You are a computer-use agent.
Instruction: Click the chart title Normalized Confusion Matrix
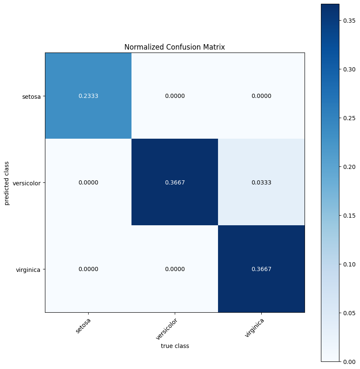(x=175, y=47)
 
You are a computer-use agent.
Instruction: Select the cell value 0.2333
(x=88, y=96)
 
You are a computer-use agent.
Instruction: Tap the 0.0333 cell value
(x=261, y=182)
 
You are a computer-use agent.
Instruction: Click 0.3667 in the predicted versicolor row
(x=175, y=182)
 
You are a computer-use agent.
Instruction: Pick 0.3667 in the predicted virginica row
(x=261, y=269)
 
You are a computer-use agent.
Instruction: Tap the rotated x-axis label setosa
(x=83, y=326)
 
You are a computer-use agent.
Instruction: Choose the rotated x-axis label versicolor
(x=167, y=329)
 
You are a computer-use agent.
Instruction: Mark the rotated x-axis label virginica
(x=254, y=328)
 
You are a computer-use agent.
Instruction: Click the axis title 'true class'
(x=175, y=346)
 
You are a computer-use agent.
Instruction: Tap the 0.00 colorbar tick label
(x=349, y=362)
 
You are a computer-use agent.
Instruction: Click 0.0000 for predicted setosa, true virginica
(x=261, y=96)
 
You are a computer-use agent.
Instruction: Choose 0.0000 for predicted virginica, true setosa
(x=88, y=269)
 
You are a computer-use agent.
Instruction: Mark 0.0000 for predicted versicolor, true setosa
(x=88, y=182)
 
